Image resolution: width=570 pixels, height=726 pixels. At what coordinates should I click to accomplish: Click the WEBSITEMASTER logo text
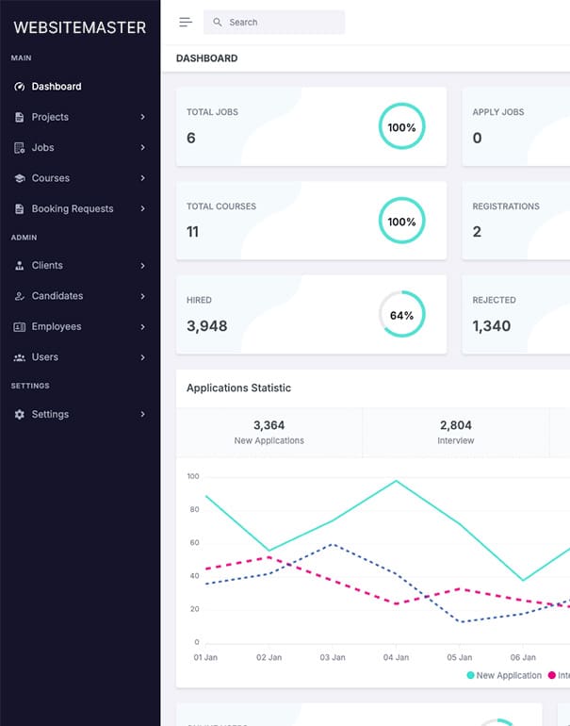[x=80, y=27]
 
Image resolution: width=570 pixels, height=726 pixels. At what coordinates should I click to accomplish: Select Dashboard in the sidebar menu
[x=57, y=87]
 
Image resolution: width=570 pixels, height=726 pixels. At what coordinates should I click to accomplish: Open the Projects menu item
[x=50, y=117]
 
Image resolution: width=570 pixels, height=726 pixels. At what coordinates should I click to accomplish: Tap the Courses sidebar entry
[x=51, y=178]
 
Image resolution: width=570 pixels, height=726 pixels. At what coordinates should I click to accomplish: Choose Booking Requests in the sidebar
[x=72, y=208]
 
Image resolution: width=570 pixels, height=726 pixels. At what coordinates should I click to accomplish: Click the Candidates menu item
[x=57, y=296]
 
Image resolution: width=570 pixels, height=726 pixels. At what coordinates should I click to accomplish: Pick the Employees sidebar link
[x=57, y=326]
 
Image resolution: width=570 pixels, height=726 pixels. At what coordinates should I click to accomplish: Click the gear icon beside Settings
[x=20, y=414]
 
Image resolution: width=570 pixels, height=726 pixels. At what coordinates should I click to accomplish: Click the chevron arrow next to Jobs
[x=142, y=148]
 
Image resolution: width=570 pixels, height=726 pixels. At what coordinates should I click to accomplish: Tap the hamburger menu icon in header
[x=186, y=22]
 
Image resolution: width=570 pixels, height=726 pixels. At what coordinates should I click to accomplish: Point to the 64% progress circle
[x=402, y=315]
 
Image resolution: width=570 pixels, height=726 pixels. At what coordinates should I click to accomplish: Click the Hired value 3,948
[x=206, y=326]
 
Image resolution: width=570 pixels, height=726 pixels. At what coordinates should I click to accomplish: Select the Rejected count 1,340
[x=492, y=326]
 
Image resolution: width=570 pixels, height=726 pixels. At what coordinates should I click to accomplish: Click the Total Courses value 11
[x=193, y=232]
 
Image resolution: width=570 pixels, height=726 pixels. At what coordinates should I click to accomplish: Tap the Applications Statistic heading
[x=238, y=388]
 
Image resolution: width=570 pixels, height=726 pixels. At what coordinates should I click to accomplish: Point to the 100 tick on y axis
[x=193, y=476]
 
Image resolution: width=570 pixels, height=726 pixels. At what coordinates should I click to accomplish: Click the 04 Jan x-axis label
[x=397, y=657]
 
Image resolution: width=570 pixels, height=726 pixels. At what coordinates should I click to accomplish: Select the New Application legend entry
[x=504, y=675]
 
